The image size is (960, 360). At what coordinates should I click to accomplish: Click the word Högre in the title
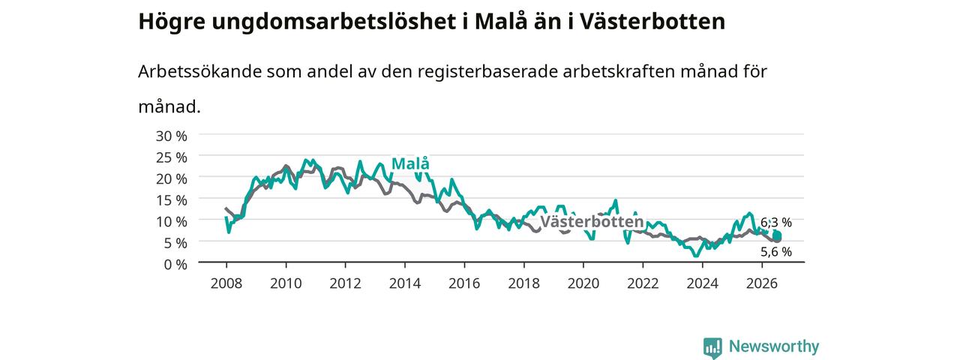point(172,22)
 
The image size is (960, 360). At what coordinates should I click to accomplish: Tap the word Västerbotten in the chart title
point(652,22)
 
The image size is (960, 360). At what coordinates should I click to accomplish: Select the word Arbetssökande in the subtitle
point(199,71)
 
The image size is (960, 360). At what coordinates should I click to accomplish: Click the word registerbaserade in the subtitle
point(487,72)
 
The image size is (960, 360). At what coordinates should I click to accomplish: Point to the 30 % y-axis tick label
point(172,136)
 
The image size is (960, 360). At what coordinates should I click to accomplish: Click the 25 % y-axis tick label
point(172,157)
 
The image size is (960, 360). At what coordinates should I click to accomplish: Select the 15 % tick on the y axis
point(172,200)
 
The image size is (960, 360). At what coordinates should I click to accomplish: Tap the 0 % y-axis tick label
point(175,265)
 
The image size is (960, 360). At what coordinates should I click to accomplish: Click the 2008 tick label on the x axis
point(226,283)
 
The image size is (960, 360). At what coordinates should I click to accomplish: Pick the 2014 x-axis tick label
point(404,283)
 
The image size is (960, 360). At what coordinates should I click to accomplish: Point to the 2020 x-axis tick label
point(583,283)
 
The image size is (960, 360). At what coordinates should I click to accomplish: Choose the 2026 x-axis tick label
point(761,283)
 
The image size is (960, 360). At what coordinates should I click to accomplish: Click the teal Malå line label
point(410,163)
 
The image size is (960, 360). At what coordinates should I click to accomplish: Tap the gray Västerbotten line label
point(592,221)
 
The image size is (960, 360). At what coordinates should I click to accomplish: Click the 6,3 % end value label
point(776,223)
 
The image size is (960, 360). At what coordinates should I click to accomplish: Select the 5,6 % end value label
point(776,252)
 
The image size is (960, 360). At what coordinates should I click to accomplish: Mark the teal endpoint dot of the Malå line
point(778,235)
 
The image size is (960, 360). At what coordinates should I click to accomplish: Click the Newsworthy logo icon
point(712,347)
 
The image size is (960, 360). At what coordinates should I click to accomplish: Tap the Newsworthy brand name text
point(774,346)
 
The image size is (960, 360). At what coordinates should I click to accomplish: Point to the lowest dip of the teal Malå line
point(696,256)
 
